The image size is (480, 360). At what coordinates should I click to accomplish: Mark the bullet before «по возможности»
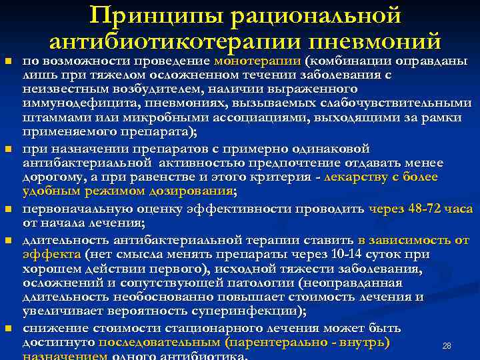9,62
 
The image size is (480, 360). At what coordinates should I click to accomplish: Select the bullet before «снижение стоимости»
9,329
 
